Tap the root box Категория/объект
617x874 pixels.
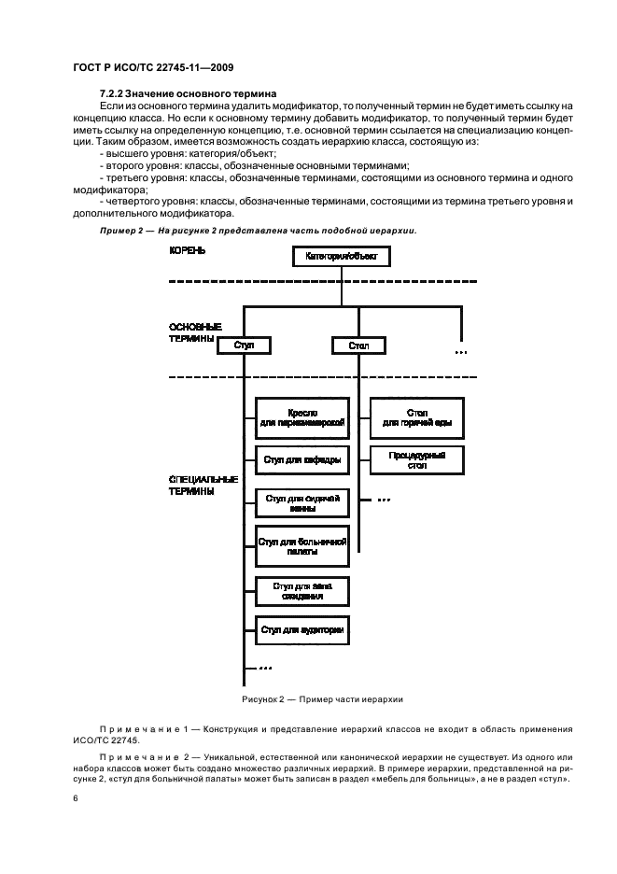point(340,255)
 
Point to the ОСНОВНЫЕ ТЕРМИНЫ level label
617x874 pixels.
point(195,333)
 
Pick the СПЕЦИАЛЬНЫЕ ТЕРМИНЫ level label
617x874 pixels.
point(203,485)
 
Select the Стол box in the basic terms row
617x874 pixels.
point(358,345)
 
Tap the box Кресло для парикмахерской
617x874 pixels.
point(302,417)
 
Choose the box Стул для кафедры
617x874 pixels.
point(302,460)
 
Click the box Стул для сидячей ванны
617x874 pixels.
point(302,504)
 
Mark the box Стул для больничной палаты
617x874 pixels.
point(302,546)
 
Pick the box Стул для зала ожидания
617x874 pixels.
point(302,590)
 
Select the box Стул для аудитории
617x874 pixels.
point(302,631)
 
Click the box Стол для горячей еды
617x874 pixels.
point(417,417)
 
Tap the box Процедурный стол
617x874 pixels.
point(417,460)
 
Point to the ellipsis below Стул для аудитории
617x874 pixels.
point(265,669)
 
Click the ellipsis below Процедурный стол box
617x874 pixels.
point(384,500)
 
